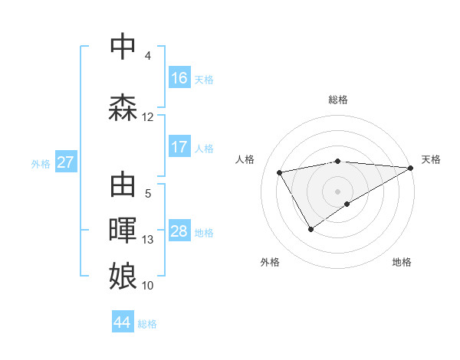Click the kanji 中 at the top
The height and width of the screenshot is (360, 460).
(123, 47)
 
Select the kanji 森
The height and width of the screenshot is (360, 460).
(123, 107)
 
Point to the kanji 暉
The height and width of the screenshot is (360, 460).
(123, 231)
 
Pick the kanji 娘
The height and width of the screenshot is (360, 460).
(123, 275)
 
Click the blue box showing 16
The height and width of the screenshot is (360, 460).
(179, 78)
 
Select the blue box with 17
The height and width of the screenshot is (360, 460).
(179, 147)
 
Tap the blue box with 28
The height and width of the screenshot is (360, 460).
(179, 231)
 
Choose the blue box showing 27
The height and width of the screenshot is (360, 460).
(65, 162)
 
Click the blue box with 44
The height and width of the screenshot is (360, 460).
(123, 322)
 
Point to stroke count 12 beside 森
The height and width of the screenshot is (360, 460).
(148, 117)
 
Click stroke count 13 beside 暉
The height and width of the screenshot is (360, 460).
(148, 240)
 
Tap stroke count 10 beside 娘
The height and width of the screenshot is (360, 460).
(148, 286)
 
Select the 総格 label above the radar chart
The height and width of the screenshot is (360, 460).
(338, 100)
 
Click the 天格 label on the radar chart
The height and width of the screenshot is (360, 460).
(431, 159)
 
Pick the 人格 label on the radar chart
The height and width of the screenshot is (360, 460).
(245, 159)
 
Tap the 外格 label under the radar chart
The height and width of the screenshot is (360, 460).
(270, 262)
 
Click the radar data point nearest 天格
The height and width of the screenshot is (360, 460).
(411, 168)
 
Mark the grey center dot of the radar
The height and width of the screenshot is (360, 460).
(337, 191)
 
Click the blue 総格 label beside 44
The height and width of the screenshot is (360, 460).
(147, 324)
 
